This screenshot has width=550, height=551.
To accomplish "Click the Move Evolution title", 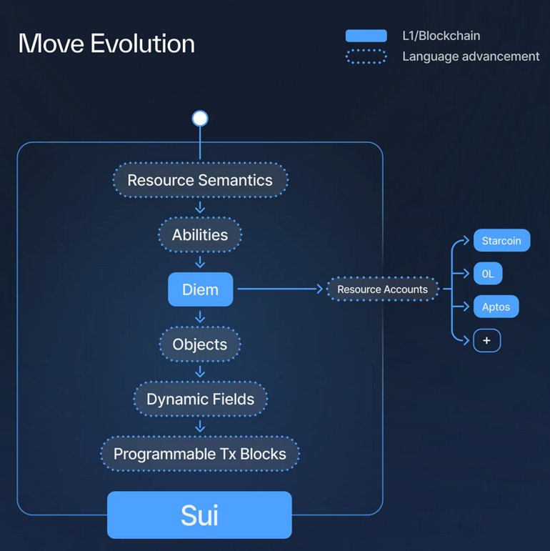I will click(x=106, y=44).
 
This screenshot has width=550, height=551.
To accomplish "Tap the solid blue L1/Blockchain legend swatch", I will click(x=366, y=36).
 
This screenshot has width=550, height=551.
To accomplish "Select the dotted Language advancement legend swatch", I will click(x=366, y=56).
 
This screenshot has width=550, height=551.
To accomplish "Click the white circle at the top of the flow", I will click(x=200, y=119).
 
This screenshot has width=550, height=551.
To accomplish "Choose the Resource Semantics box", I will click(x=200, y=179).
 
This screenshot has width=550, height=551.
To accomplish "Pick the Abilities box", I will click(x=200, y=234).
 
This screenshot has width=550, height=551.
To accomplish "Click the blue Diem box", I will click(x=201, y=289).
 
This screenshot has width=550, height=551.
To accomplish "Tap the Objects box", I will click(x=200, y=344).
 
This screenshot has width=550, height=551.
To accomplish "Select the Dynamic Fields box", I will click(x=200, y=399).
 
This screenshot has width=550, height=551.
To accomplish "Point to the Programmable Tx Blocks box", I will click(x=200, y=454).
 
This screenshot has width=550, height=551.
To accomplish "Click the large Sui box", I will click(x=200, y=515).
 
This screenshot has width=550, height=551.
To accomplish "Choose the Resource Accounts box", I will click(x=382, y=289).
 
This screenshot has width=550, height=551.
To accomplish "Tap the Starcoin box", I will click(x=501, y=241).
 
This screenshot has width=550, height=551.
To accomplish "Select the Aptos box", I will click(x=496, y=307).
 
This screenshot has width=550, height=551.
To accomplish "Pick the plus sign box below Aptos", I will click(x=487, y=340).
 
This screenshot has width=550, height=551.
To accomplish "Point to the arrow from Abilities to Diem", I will click(x=200, y=262).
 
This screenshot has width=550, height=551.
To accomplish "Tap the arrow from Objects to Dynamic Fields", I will click(x=200, y=372).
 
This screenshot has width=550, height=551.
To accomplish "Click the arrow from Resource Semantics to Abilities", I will click(x=200, y=207).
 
